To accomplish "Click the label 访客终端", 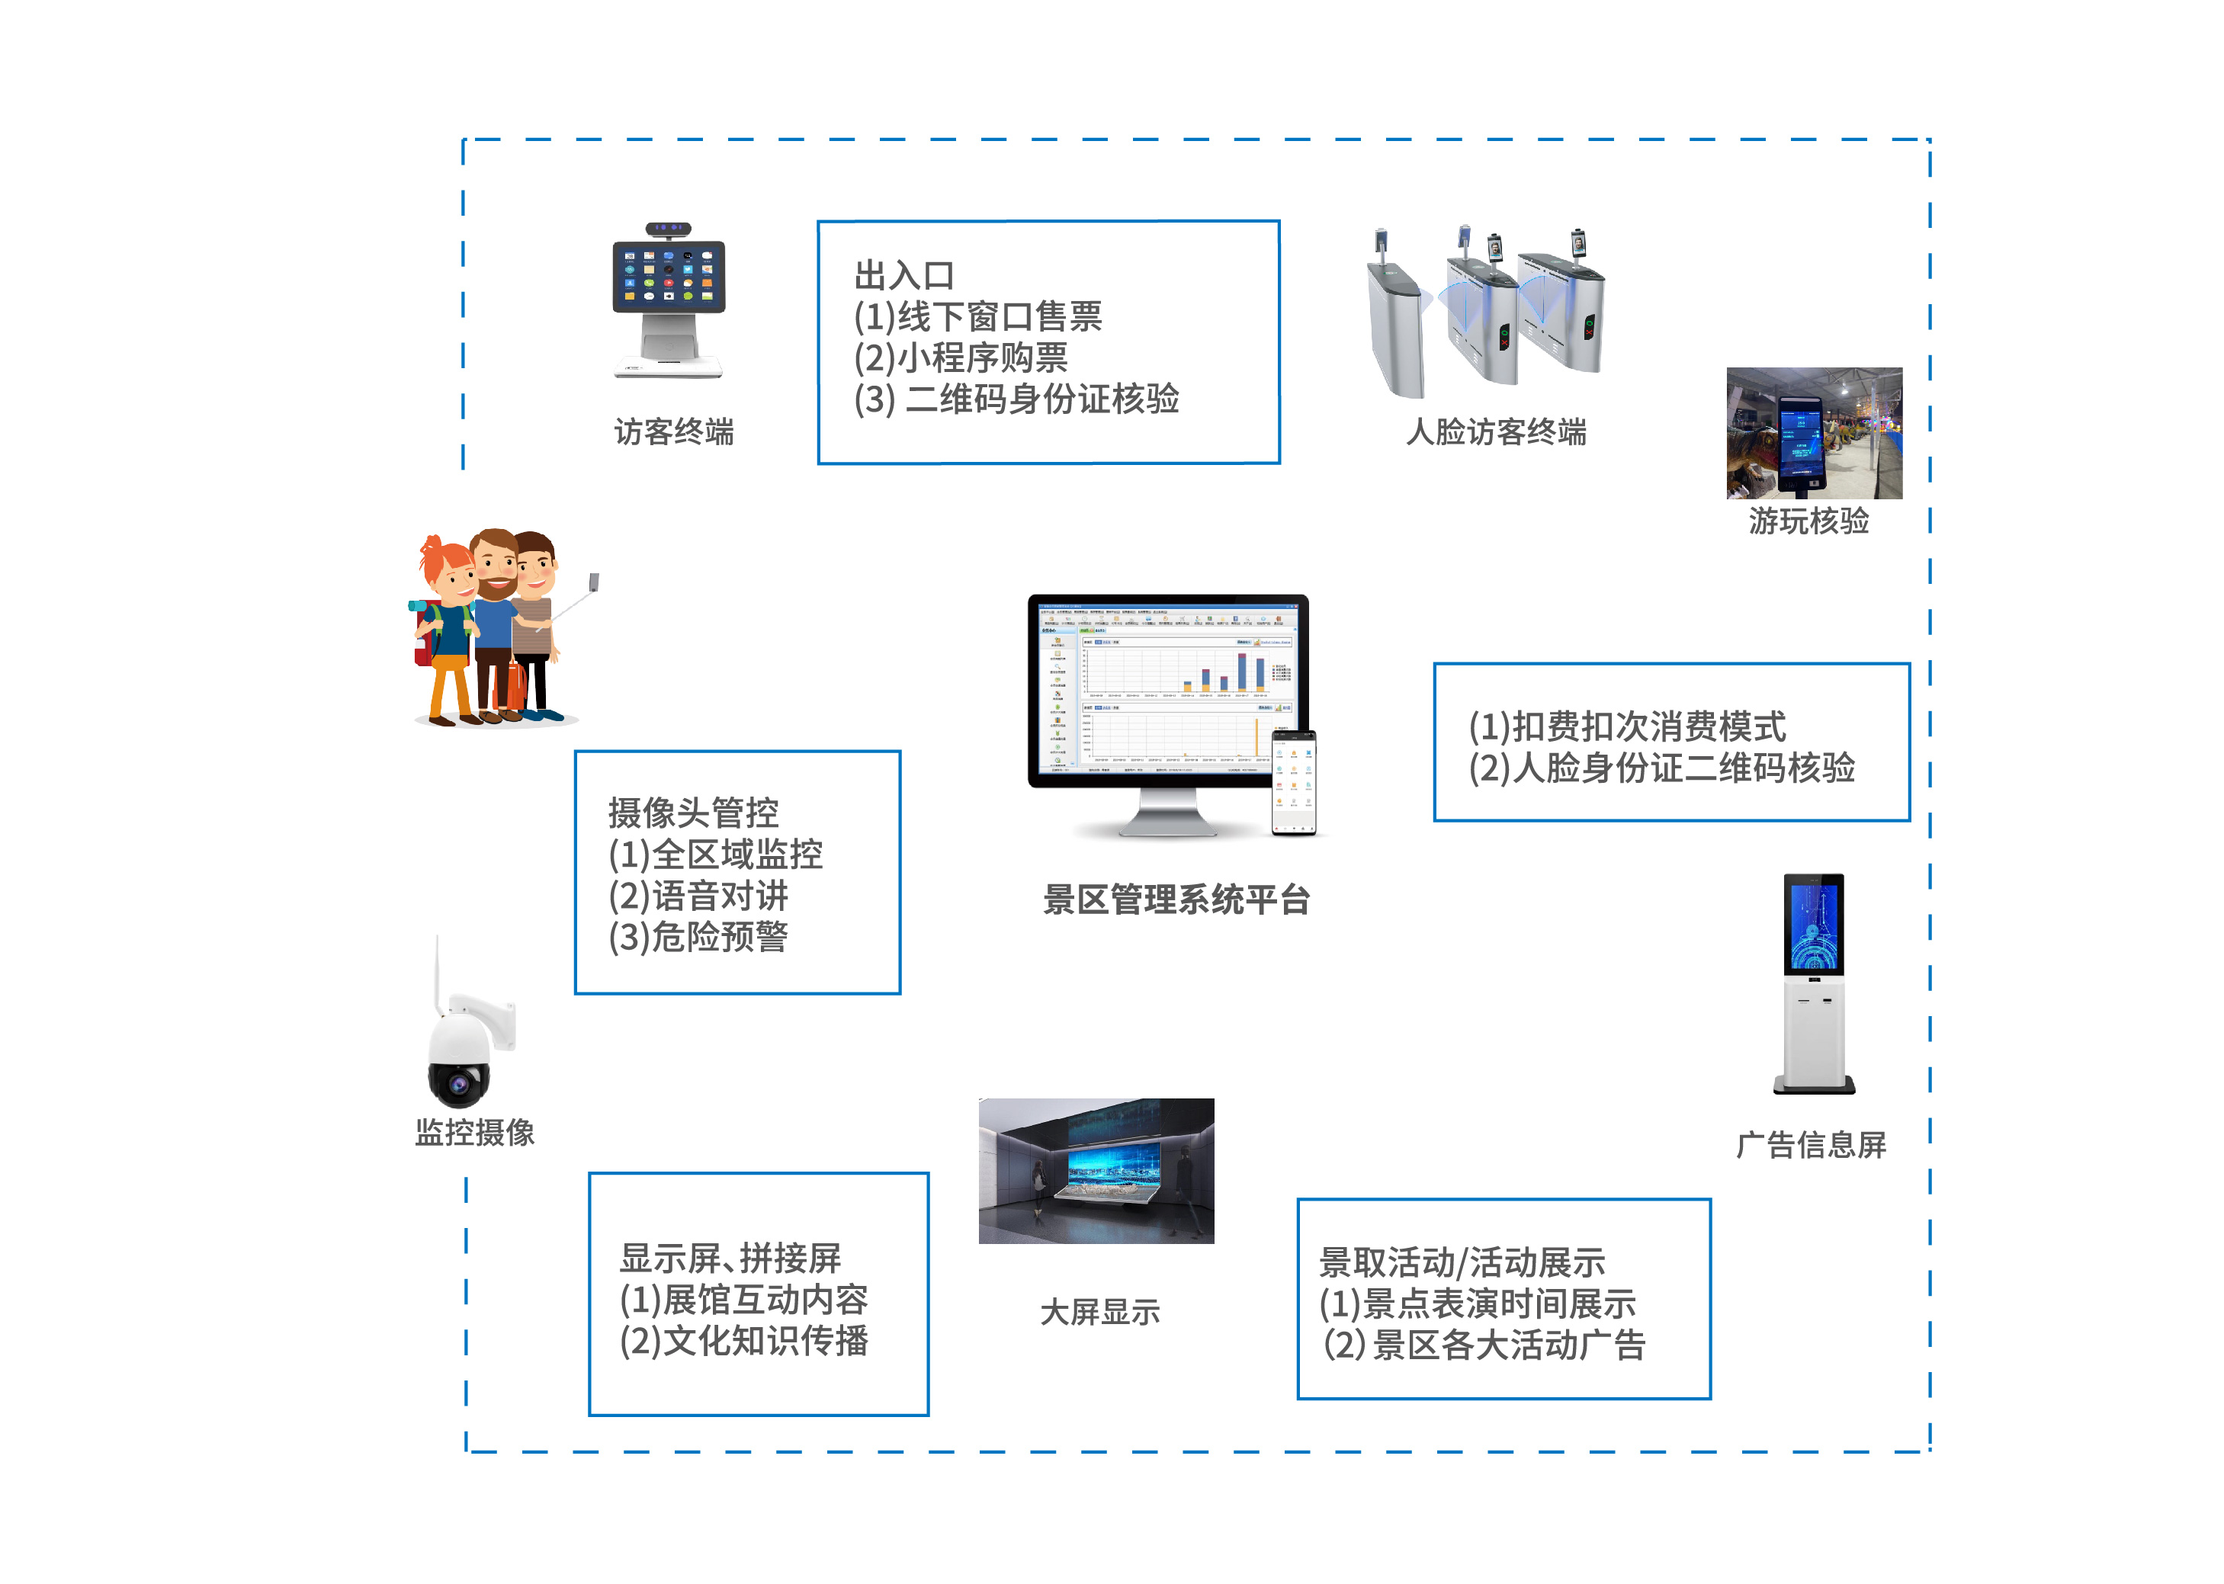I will [x=673, y=432].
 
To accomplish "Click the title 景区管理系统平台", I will [x=1176, y=899].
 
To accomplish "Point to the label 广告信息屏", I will [x=1812, y=1145].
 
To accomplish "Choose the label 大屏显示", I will [x=1100, y=1313].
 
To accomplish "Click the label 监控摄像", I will [x=475, y=1133].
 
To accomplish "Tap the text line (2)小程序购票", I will [x=961, y=358].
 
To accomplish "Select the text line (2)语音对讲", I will [x=698, y=896].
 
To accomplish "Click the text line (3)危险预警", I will [x=698, y=938].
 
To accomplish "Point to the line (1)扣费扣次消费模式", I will [x=1627, y=726].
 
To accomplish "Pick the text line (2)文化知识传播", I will [x=743, y=1341].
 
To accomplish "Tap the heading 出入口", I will [x=904, y=276].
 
